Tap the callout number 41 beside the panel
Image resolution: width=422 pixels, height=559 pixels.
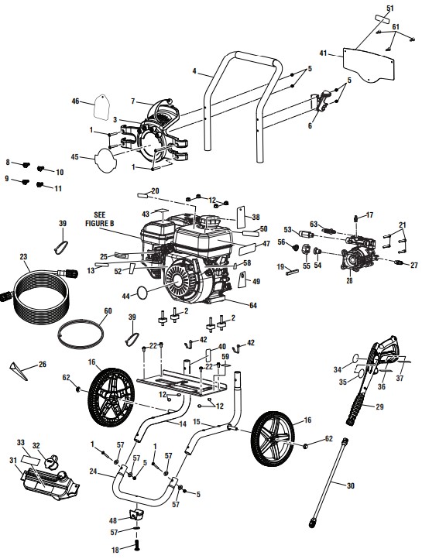[324, 53]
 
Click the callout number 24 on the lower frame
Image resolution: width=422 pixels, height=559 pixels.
[94, 471]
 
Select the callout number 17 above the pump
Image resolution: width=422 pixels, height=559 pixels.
[370, 214]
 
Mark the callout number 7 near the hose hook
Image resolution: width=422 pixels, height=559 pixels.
[132, 101]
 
